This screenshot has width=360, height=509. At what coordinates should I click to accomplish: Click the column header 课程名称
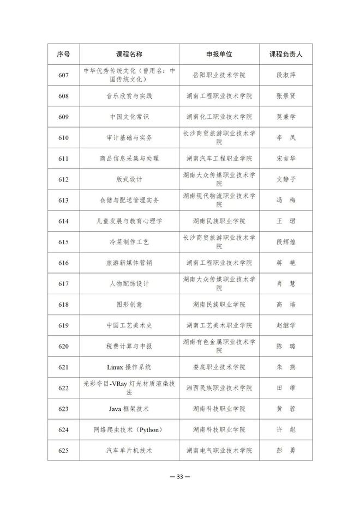(x=129, y=54)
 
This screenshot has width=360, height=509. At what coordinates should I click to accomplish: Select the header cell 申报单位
(x=219, y=54)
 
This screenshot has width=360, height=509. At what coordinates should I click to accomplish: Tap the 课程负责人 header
(x=286, y=54)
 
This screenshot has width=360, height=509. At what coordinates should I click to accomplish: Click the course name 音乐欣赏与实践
(x=129, y=96)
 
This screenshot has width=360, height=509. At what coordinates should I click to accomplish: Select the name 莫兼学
(x=286, y=117)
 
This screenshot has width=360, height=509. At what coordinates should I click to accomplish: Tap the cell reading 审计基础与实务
(x=129, y=138)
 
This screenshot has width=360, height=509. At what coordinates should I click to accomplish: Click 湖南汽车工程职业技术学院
(x=219, y=159)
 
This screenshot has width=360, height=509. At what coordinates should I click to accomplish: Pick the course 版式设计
(x=129, y=179)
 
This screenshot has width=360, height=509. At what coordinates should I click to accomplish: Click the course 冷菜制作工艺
(x=129, y=242)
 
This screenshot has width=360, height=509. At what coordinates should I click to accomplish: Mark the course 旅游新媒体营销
(x=129, y=263)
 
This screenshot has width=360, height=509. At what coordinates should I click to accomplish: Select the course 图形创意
(x=129, y=304)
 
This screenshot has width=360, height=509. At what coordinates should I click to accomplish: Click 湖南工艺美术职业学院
(x=219, y=325)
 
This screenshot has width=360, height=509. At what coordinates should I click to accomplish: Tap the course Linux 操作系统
(x=129, y=367)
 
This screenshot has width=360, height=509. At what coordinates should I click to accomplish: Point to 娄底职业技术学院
(x=219, y=367)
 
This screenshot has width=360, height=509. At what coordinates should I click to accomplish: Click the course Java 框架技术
(x=129, y=409)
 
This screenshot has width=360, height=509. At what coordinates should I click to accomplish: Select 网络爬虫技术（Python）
(x=129, y=429)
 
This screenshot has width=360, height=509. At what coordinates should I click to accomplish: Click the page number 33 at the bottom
(x=180, y=476)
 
